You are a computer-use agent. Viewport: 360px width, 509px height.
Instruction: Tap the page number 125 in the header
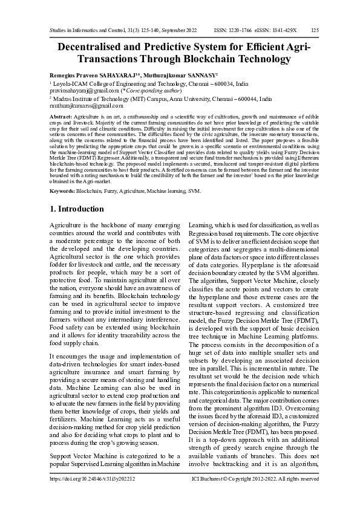click(315, 30)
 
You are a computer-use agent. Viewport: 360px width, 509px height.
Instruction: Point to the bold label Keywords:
click(62, 190)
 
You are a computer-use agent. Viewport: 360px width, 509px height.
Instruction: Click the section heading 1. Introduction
click(76, 209)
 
